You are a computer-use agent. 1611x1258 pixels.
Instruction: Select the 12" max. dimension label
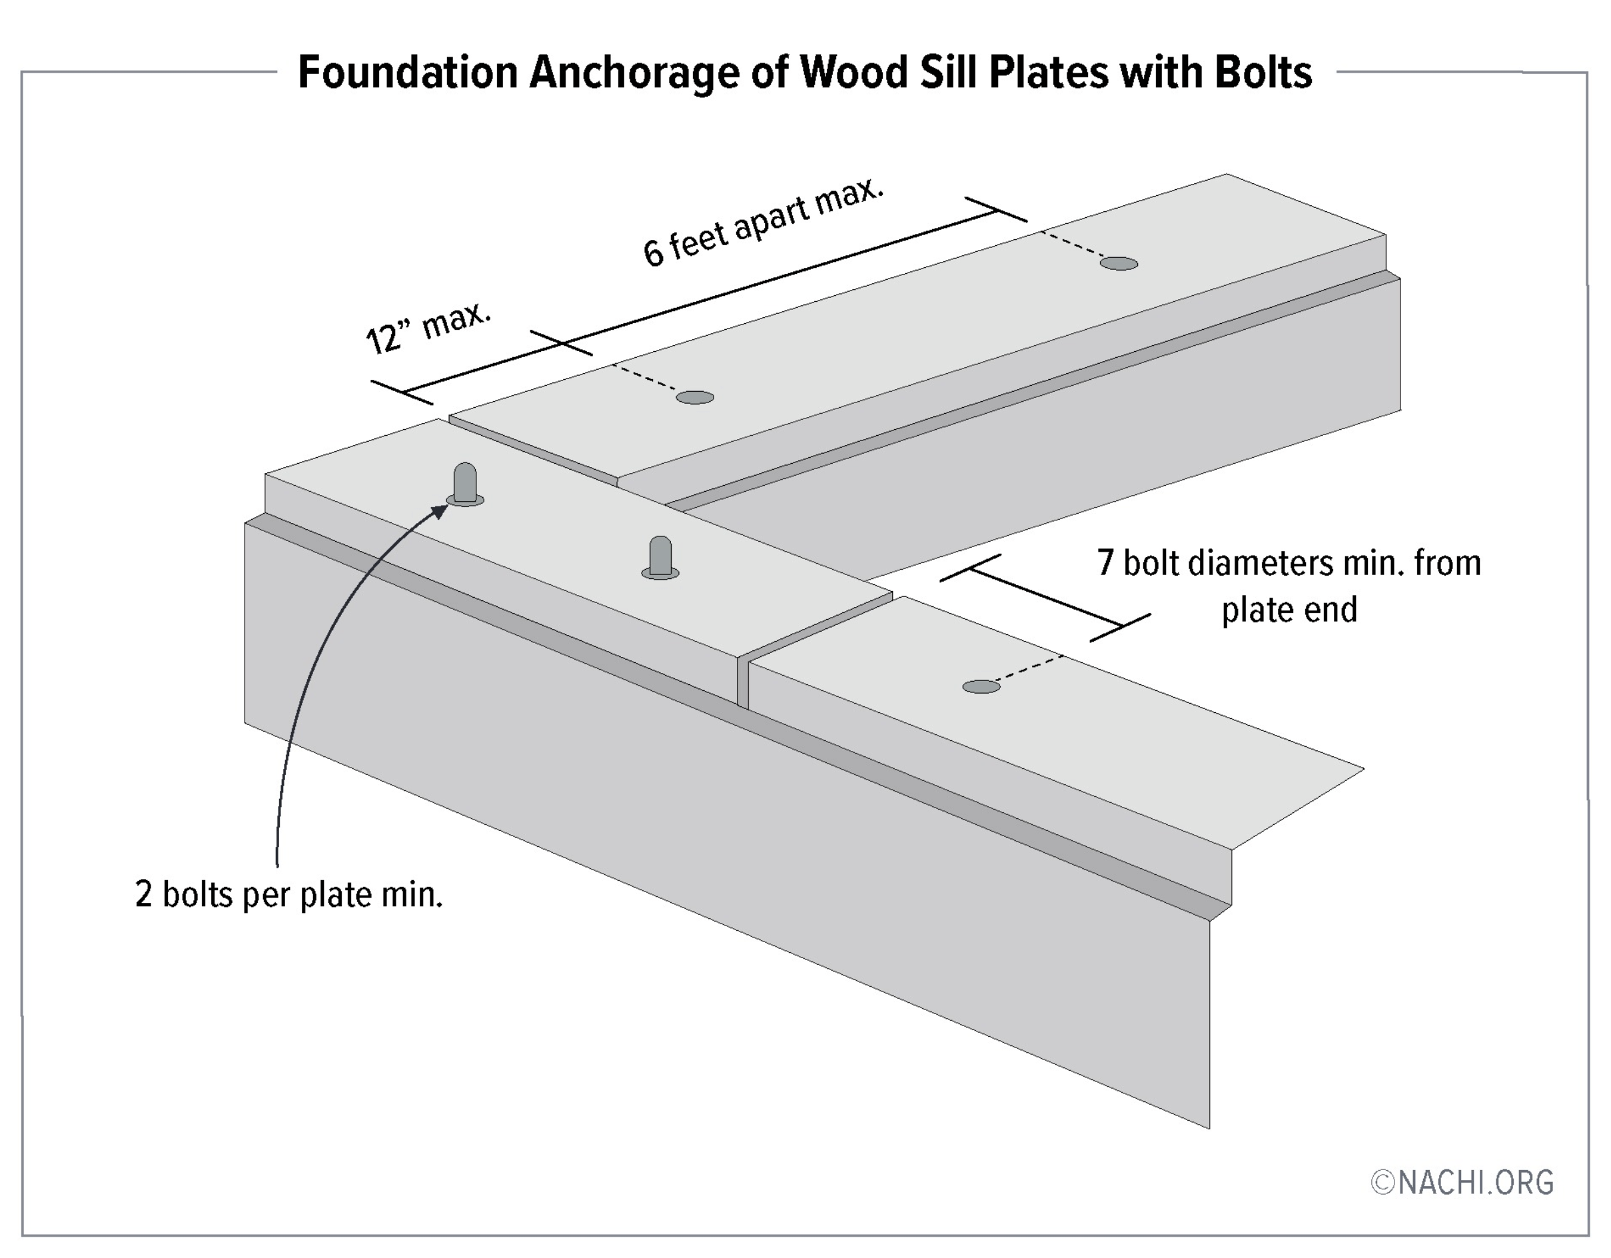(428, 328)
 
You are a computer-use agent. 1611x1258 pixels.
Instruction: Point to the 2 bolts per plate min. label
(288, 895)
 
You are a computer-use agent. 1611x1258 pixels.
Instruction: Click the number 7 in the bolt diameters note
(1104, 563)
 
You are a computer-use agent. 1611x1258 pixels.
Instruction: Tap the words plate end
(1289, 610)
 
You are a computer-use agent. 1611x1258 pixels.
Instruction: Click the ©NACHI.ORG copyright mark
(1462, 1182)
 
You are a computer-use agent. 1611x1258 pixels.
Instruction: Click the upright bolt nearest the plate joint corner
(660, 557)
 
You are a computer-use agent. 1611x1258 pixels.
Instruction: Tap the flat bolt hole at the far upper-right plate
(1118, 263)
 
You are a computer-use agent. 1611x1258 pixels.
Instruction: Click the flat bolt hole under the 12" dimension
(695, 398)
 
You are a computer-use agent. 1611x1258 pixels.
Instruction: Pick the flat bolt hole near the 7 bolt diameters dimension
(981, 686)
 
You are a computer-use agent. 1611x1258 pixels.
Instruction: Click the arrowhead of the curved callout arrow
(440, 510)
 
